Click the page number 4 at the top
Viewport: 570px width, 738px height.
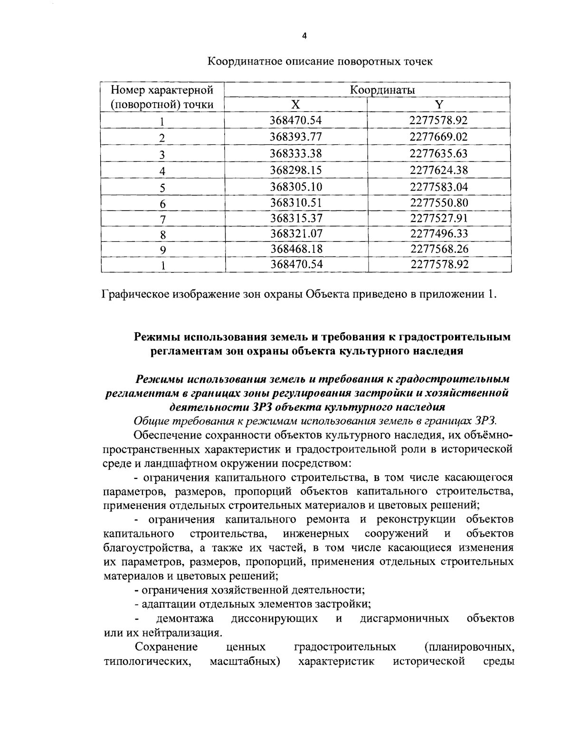pyautogui.click(x=304, y=36)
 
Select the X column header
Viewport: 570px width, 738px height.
pyautogui.click(x=296, y=105)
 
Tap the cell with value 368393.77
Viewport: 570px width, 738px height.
pyautogui.click(x=296, y=137)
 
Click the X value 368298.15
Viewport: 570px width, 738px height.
pyautogui.click(x=296, y=170)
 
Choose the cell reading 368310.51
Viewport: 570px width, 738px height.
pyautogui.click(x=296, y=202)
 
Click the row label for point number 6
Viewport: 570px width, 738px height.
pyautogui.click(x=162, y=204)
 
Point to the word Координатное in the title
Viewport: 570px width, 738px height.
pyautogui.click(x=242, y=62)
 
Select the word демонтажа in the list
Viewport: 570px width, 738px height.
pyautogui.click(x=185, y=618)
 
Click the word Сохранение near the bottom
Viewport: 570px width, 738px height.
pyautogui.click(x=166, y=647)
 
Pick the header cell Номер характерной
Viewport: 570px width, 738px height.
pyautogui.click(x=162, y=90)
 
